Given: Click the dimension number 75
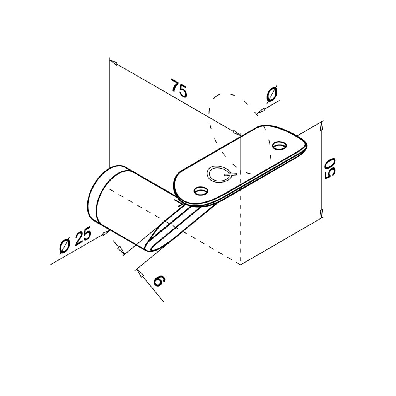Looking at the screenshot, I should (179, 89).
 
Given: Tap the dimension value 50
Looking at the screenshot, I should (330, 168).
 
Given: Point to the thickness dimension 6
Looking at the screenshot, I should (159, 281).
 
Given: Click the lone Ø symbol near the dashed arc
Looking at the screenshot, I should (272, 94).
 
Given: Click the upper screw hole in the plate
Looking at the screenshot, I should (279, 146).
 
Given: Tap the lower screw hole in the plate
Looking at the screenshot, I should (201, 191).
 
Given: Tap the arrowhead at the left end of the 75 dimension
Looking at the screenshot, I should (113, 61).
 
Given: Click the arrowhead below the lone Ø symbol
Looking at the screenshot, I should (259, 112).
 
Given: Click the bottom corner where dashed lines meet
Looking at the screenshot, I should (241, 264).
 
